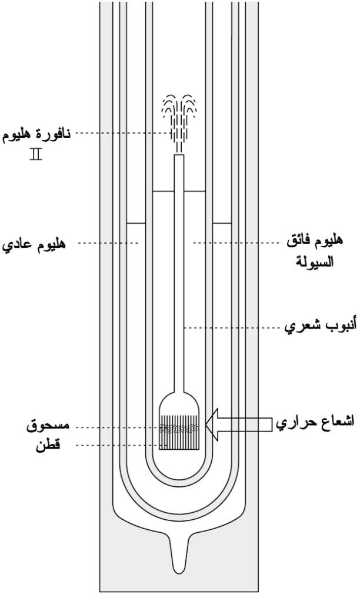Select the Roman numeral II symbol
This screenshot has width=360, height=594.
[x=36, y=155]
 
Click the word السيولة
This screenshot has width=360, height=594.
[x=314, y=261]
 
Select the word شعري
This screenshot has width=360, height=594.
[x=304, y=327]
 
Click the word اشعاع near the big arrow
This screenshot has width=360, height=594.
[x=338, y=422]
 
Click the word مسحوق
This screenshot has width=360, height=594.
[x=48, y=426]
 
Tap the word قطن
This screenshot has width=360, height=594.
[x=48, y=444]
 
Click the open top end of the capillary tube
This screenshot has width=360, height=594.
[x=179, y=155]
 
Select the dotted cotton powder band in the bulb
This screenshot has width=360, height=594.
[x=179, y=429]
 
